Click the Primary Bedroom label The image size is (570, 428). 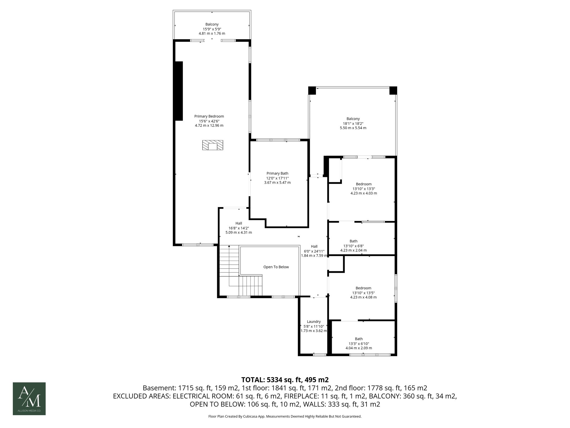209,116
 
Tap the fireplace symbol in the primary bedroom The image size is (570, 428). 213,145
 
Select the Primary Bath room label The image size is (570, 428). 277,173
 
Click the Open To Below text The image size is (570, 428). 276,267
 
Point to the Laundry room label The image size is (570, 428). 314,321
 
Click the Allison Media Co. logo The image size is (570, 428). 29,398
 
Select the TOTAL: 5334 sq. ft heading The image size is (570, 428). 285,380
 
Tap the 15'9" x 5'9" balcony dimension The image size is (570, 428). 212,29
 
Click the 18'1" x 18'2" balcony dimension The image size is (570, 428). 353,123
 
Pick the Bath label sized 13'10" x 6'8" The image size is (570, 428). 353,241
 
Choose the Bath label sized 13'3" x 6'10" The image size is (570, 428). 359,339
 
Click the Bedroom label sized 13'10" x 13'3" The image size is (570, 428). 363,184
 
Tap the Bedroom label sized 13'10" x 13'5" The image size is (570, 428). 363,288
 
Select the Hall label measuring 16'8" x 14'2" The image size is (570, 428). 239,223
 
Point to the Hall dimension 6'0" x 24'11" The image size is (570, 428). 314,251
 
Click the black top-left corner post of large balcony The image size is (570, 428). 312,91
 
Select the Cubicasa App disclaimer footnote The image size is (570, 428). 285,417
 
